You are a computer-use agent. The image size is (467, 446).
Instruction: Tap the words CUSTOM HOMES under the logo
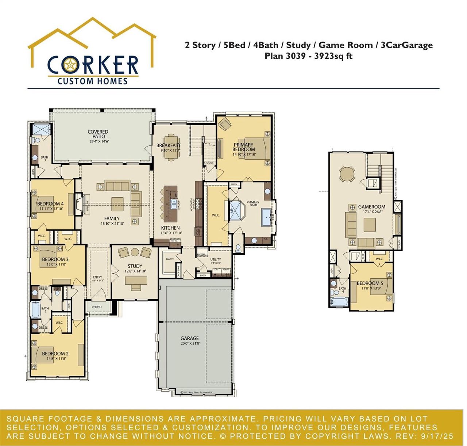pos(93,81)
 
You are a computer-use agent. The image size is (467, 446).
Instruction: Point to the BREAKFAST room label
pos(168,145)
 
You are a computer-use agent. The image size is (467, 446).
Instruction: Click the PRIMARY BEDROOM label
pos(243,147)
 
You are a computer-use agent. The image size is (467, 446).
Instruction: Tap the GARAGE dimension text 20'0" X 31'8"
pos(190,344)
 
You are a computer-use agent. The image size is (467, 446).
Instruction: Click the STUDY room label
pos(135,266)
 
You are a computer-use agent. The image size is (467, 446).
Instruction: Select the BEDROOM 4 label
pos(50,204)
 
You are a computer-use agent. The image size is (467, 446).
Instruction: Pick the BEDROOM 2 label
pos(55,354)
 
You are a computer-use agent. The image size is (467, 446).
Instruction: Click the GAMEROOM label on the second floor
pos(371,207)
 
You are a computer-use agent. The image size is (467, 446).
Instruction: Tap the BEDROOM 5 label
pos(370,283)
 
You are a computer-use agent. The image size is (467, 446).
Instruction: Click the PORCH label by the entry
pos(97,307)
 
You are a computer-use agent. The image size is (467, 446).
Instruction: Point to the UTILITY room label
pos(216,260)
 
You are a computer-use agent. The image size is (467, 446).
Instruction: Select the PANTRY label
pos(170,259)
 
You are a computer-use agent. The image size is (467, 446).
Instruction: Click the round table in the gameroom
pos(346,174)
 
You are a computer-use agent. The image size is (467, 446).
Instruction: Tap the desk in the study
pos(136,281)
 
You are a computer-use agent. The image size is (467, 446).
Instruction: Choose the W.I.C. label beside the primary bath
pos(216,215)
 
